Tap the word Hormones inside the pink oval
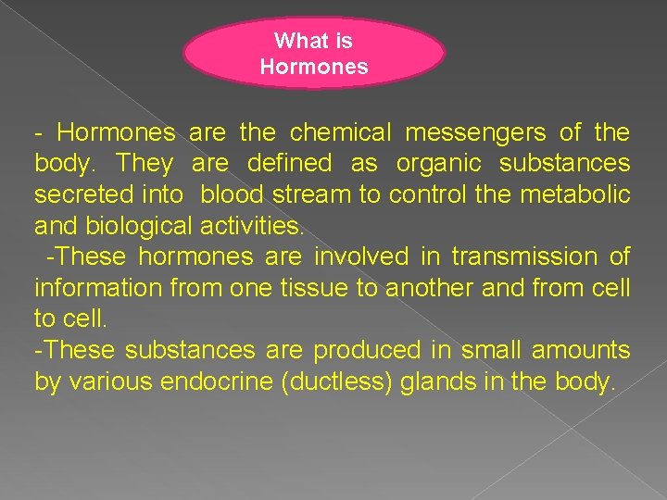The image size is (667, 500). click(x=314, y=67)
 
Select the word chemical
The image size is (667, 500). click(x=336, y=133)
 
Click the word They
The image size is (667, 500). click(x=145, y=164)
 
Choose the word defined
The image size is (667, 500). click(x=289, y=164)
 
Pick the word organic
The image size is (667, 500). click(x=437, y=164)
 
